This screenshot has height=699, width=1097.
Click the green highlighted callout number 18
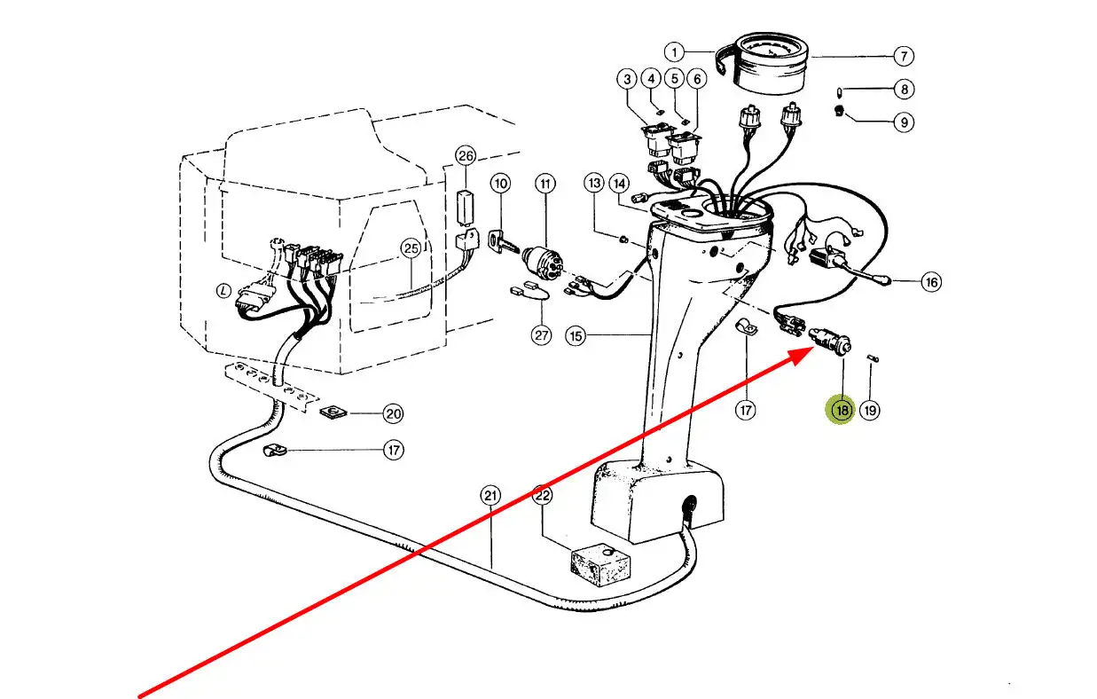pos(840,410)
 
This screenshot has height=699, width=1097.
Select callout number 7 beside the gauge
pos(902,56)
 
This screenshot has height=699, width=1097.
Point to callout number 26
pos(466,156)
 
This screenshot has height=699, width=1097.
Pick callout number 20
pos(393,413)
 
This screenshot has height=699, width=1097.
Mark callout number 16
pos(930,282)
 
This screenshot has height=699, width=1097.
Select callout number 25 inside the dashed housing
pos(410,249)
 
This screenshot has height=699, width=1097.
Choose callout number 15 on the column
pos(576,336)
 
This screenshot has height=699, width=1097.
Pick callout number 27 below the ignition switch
pos(541,335)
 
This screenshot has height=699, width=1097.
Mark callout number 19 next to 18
pos(870,411)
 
